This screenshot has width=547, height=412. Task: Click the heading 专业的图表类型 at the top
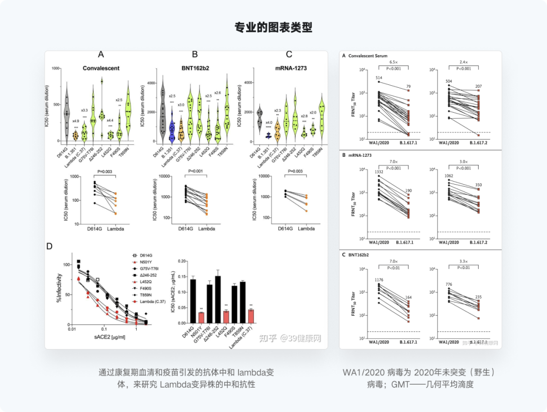coord(273,27)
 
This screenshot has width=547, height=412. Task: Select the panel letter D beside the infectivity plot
coord(50,247)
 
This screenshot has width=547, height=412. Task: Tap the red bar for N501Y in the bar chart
coord(202,317)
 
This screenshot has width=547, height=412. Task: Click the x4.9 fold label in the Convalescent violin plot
coord(75,121)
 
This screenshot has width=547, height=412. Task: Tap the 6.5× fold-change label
coord(393,62)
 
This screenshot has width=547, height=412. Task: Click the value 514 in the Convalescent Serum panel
coord(379,78)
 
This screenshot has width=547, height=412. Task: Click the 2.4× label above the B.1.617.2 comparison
coord(463,62)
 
